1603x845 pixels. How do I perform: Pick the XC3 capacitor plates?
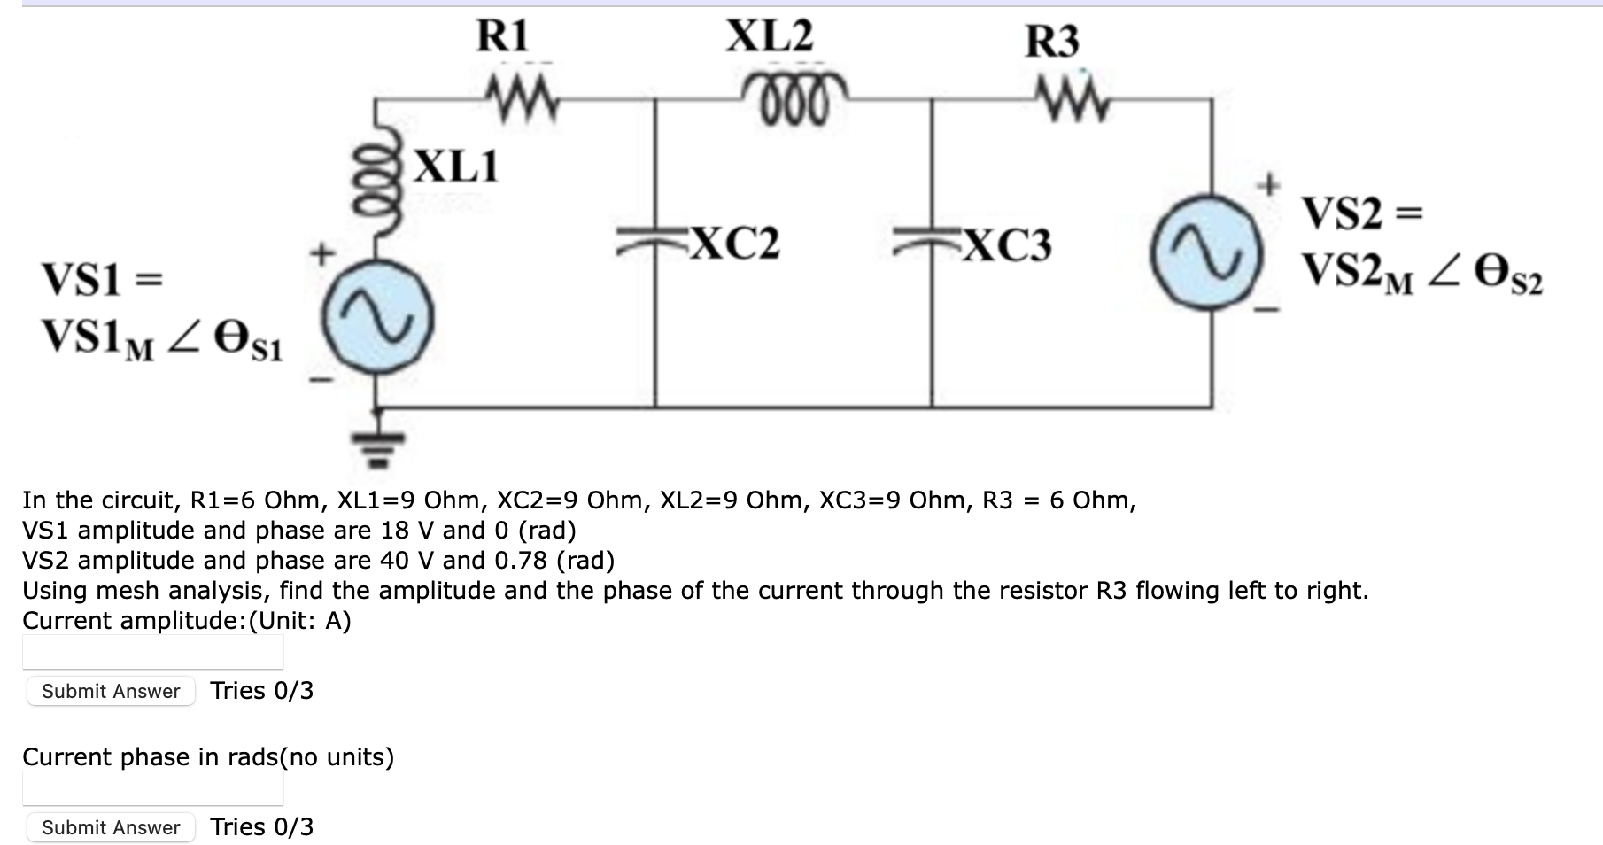pyautogui.click(x=931, y=240)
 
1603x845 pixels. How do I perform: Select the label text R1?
pyautogui.click(x=502, y=37)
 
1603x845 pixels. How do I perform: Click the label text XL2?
pyautogui.click(x=769, y=37)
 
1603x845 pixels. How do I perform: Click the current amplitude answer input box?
pyautogui.click(x=152, y=652)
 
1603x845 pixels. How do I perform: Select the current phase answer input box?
pyautogui.click(x=152, y=788)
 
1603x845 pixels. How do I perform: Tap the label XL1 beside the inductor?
pyautogui.click(x=457, y=166)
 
